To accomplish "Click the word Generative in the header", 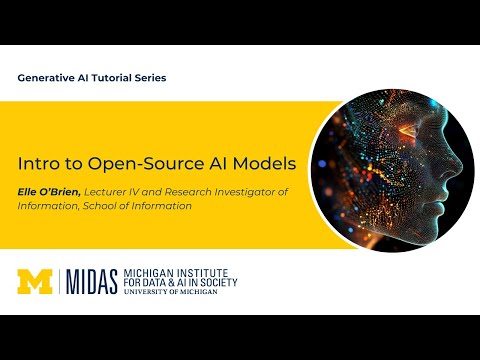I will pyautogui.click(x=47, y=77).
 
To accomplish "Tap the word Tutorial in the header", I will pyautogui.click(x=107, y=77).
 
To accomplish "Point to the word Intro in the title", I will pyautogui.click(x=38, y=162).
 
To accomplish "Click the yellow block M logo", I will pyautogui.click(x=36, y=282).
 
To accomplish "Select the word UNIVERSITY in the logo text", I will pyautogui.click(x=145, y=293).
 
